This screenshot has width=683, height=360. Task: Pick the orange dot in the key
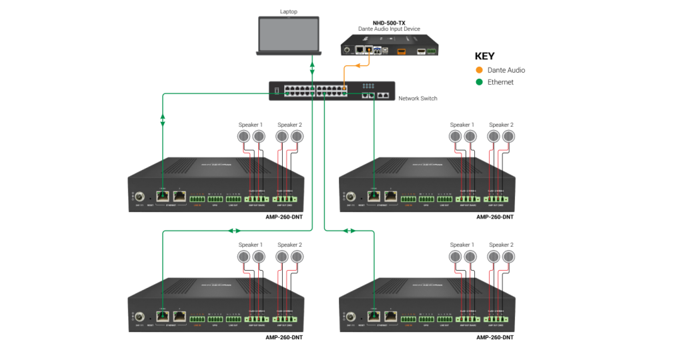[479, 70]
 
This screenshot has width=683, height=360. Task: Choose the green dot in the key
[479, 82]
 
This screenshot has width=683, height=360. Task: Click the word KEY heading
[485, 56]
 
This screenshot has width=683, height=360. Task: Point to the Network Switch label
[418, 99]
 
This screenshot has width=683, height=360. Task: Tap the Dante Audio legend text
[506, 70]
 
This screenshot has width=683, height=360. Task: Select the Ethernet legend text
[501, 82]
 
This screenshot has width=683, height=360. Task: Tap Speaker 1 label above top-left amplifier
[251, 125]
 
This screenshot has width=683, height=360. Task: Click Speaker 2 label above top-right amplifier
[501, 125]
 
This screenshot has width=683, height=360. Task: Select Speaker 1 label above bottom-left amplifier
[251, 245]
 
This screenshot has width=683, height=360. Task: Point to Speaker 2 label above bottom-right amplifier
[501, 245]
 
